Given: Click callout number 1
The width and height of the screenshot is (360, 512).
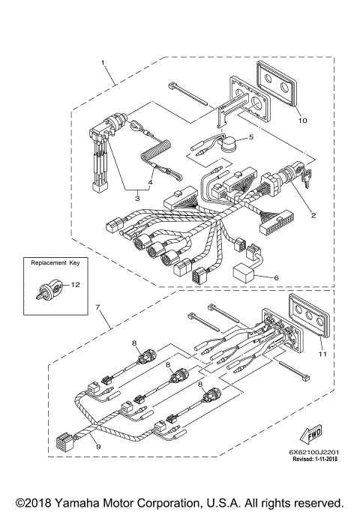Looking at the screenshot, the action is tap(103, 62).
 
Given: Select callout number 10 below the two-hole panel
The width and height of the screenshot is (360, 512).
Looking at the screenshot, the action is tap(303, 121).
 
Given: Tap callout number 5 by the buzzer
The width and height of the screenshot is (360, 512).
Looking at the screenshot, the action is tap(251, 137).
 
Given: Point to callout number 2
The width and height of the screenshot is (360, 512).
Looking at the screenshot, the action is tap(313, 215).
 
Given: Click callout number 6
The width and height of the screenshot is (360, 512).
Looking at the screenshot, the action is tap(276, 277).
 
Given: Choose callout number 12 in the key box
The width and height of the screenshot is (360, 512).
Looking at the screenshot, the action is tap(76, 285).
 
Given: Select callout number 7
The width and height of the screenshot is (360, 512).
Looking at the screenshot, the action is tap(97, 307).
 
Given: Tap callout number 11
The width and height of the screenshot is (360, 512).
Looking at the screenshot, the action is tap(322, 354).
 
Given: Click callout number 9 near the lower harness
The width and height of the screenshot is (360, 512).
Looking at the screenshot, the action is tap(98, 446).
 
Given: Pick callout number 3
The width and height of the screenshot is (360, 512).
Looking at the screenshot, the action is tap(137, 198).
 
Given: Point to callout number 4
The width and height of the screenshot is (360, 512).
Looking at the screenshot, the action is tap(150, 182).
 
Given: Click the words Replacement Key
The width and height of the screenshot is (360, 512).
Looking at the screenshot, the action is tap(55, 263).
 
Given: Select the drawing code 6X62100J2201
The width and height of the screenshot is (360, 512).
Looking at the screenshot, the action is tap(314, 452).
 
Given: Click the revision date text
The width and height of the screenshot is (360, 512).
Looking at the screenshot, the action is tap(315, 459).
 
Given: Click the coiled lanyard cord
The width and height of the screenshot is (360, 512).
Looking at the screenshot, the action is tap(156, 151).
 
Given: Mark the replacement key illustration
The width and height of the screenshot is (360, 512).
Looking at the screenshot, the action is tap(48, 288).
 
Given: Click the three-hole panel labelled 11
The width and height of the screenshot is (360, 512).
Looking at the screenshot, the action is tap(309, 314).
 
